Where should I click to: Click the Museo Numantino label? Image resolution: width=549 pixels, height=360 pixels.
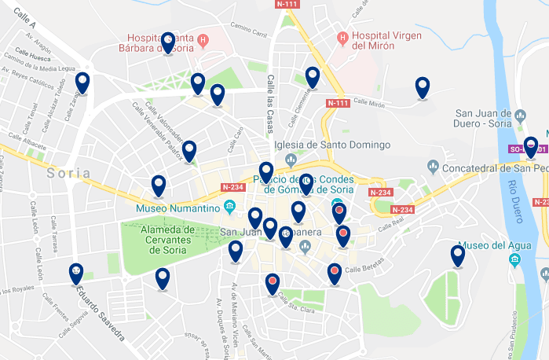click(x=178, y=208)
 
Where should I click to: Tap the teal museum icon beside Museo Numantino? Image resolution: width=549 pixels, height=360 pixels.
click(x=229, y=208)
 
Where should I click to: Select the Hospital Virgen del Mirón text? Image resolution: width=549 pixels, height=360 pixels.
click(x=386, y=40)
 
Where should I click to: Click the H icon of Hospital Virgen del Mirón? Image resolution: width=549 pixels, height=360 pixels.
click(x=342, y=35)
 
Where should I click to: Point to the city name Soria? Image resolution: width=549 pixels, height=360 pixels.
click(x=68, y=173)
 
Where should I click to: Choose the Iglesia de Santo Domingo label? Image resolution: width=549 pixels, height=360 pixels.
click(x=331, y=145)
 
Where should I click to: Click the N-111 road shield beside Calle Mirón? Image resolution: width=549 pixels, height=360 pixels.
click(x=336, y=103)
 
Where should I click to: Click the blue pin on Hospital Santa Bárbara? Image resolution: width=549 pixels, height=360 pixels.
click(x=167, y=42)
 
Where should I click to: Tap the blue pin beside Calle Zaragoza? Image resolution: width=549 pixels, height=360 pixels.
click(x=82, y=82)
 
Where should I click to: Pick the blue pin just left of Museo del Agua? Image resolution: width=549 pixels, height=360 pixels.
click(x=457, y=255)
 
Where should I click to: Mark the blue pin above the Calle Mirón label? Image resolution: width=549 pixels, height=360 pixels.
click(x=423, y=87)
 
